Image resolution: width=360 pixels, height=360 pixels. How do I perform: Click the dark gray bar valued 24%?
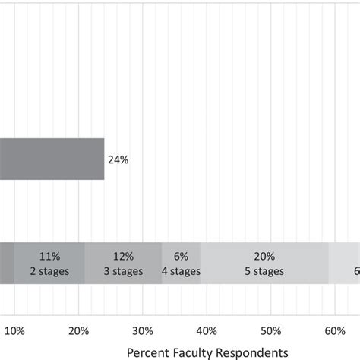tap(52, 159)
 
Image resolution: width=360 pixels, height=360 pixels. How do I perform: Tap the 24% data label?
tap(118, 159)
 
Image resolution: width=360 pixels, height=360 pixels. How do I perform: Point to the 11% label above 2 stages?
tap(49, 257)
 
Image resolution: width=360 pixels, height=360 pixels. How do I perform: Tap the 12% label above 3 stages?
tap(124, 257)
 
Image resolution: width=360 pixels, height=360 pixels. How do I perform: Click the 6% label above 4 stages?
tap(181, 257)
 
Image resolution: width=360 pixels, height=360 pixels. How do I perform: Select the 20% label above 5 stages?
tap(264, 257)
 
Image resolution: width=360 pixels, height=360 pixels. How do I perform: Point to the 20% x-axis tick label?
tap(79, 330)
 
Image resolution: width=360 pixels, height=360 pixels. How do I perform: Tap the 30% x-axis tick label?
tap(143, 330)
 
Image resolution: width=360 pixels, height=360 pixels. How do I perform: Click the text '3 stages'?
tap(124, 271)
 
